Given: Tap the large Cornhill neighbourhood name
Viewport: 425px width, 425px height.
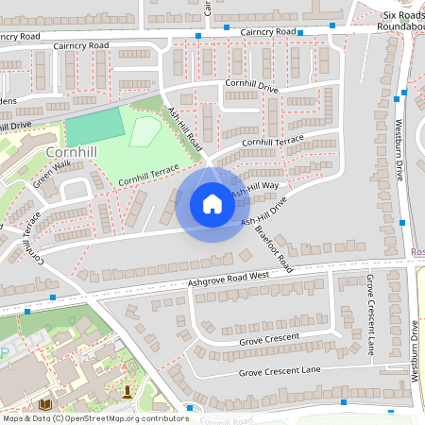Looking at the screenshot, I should coord(67,152).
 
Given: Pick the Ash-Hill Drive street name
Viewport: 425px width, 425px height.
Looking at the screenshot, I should coord(263,212).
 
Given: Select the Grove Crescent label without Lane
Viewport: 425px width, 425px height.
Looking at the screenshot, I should coord(268,337).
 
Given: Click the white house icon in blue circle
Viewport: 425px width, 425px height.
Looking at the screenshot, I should coord(212,204).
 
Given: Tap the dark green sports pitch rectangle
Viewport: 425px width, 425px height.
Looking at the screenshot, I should coord(94,127).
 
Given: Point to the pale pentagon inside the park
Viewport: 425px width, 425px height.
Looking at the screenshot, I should coord(144,130).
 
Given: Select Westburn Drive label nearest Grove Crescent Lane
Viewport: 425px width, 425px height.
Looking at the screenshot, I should coord(415,350).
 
